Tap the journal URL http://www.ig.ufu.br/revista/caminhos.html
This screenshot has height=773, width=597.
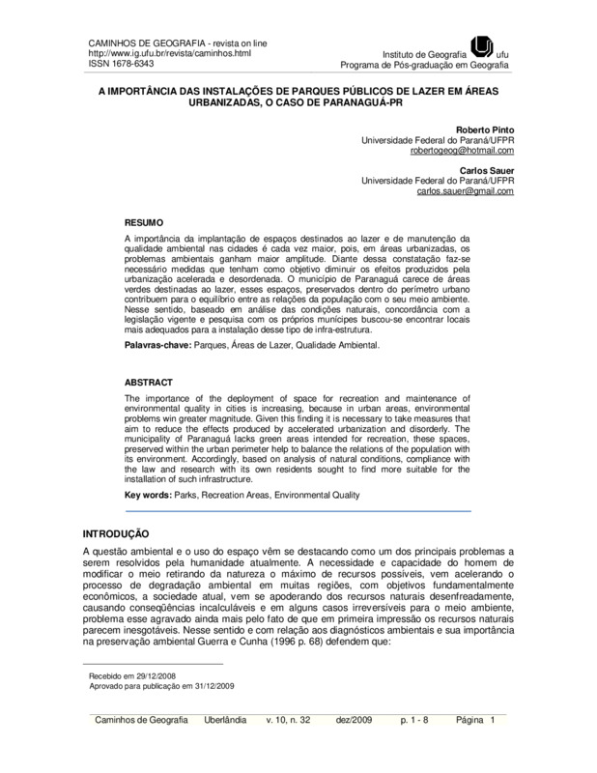pos(149,54)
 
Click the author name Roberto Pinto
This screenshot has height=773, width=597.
pos(486,129)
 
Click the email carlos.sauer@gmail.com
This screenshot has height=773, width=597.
pos(466,191)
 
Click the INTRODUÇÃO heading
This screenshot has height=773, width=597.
pos(114,532)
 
